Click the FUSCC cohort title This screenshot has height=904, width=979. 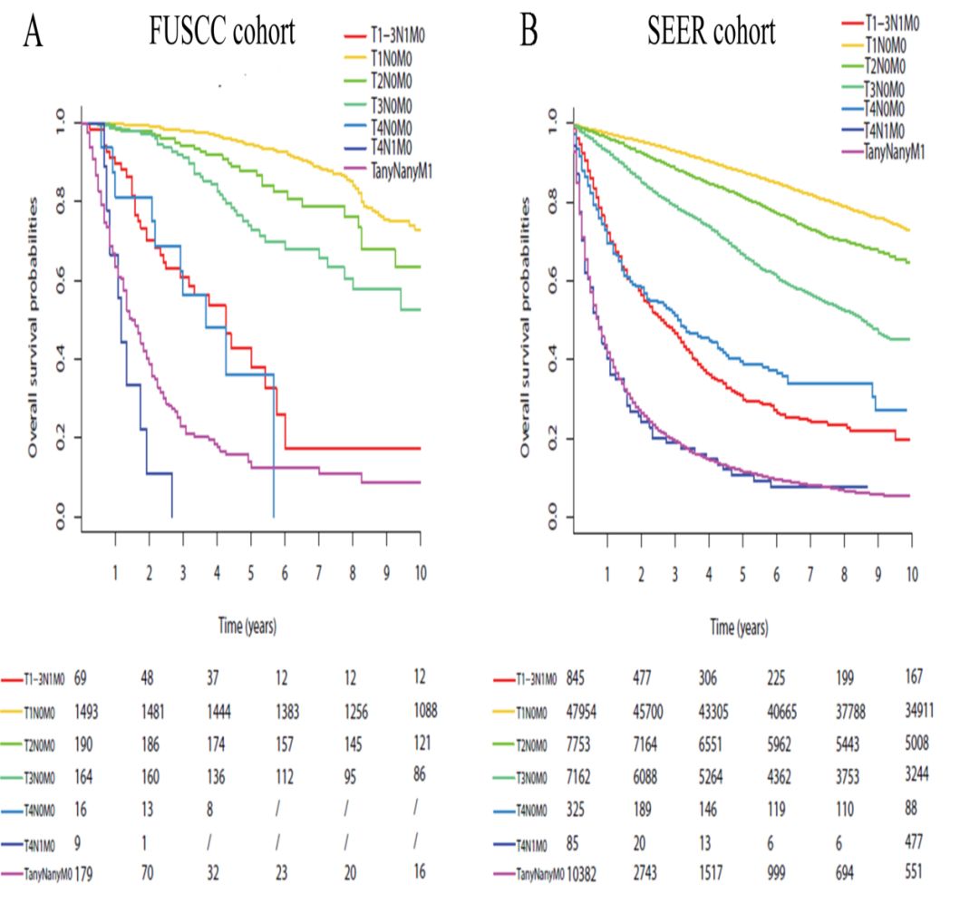coord(222,33)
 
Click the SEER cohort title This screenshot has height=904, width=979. coord(712,33)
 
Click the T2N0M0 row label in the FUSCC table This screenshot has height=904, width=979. coord(44,744)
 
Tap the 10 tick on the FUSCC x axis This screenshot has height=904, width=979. coord(419,574)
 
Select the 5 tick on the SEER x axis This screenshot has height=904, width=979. coord(742,574)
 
